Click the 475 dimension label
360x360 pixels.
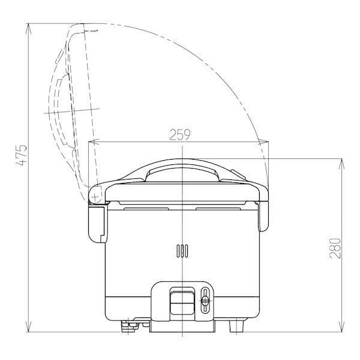click(x=22, y=155)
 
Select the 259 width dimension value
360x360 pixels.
click(x=180, y=135)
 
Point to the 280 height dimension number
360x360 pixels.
click(x=335, y=248)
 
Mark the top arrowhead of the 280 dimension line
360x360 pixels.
click(x=342, y=164)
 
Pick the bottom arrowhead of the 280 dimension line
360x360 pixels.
click(x=342, y=326)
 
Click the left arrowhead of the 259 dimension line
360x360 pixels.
click(x=95, y=142)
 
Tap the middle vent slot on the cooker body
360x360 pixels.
click(x=182, y=251)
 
